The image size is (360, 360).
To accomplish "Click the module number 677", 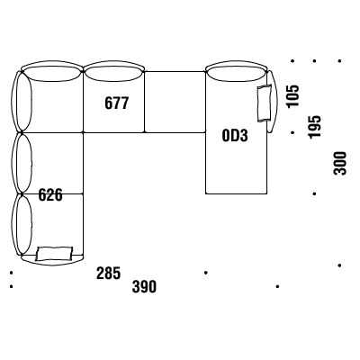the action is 117,103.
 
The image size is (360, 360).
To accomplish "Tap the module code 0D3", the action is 235,136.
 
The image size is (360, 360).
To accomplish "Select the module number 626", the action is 50,195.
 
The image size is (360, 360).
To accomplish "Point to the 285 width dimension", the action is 108,273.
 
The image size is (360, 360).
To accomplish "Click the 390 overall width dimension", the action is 144,286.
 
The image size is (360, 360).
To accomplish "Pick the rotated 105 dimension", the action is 292,96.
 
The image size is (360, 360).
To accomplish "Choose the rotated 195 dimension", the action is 315,127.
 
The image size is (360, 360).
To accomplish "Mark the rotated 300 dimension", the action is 339,163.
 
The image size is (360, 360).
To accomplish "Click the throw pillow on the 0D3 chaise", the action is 265,103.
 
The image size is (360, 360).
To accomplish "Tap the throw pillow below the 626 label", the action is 54,254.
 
